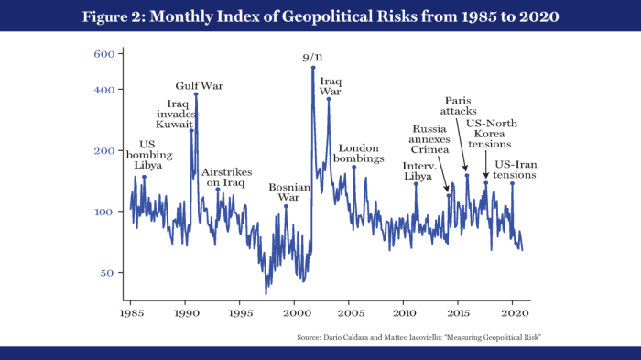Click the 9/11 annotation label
[313, 58]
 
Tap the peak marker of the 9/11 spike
[313, 67]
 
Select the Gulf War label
[200, 85]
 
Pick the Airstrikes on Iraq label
[223, 177]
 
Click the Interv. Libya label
[419, 170]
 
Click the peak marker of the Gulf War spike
[195, 94]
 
